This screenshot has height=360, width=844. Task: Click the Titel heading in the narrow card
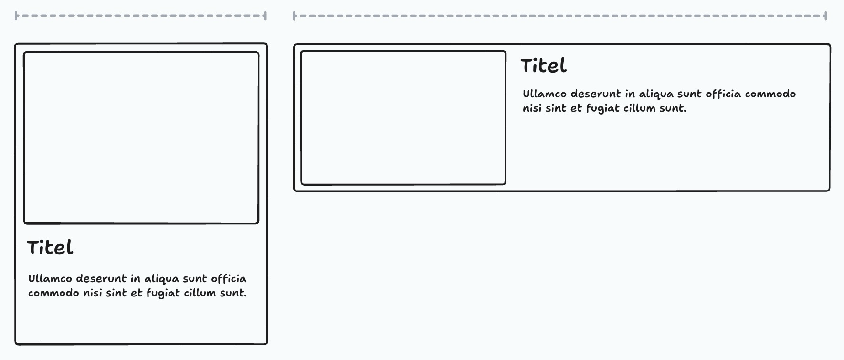tap(50, 248)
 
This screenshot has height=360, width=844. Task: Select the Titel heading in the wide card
tap(543, 66)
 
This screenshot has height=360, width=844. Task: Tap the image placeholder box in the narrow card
tap(141, 138)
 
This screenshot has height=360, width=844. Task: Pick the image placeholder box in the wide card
tap(403, 117)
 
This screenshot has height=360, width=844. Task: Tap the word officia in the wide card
tap(723, 94)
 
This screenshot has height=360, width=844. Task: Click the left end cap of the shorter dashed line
tap(17, 16)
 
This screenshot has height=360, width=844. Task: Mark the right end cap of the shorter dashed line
tap(265, 16)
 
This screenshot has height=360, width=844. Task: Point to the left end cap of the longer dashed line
tap(295, 16)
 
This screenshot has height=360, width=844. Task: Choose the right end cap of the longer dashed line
tap(825, 16)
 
